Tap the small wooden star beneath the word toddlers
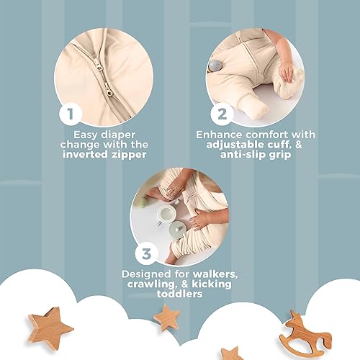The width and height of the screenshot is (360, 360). click(166, 316)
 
